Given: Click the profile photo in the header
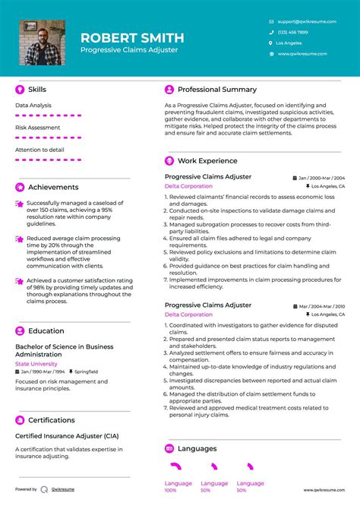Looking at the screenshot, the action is [x=43, y=43].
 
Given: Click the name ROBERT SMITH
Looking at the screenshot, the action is [x=132, y=37].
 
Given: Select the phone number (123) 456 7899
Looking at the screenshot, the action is [x=292, y=32].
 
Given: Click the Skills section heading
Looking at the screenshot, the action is [x=37, y=90].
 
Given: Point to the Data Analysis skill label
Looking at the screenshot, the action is [x=33, y=105].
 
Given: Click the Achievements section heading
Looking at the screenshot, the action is [x=53, y=187].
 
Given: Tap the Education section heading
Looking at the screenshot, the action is [x=46, y=330].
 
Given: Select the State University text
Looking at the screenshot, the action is [x=36, y=364].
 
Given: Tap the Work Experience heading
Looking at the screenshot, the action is [x=207, y=161].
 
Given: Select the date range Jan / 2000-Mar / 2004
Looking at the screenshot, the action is [x=322, y=177].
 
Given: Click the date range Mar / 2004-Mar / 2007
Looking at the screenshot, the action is [x=322, y=305].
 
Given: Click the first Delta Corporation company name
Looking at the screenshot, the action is [x=188, y=185].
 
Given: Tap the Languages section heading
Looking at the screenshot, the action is [x=197, y=448].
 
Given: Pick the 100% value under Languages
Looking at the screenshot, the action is [x=171, y=491].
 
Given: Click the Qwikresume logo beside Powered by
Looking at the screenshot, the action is [x=45, y=489].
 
